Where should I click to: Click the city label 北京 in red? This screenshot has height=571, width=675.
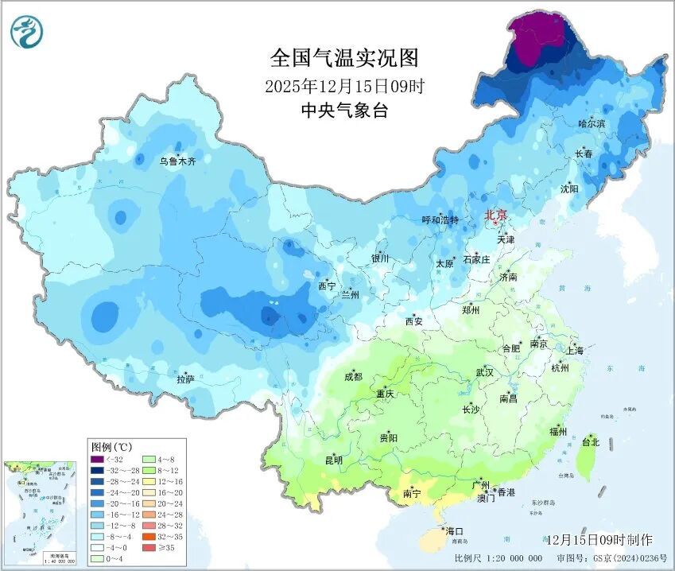pyautogui.click(x=495, y=214)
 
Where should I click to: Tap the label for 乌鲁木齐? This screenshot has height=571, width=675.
pyautogui.click(x=177, y=161)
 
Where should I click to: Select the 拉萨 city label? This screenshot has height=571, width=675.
pyautogui.click(x=185, y=380)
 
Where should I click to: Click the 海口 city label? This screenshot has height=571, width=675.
pyautogui.click(x=455, y=531)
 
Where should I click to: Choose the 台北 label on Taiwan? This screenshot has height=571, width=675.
pyautogui.click(x=591, y=441)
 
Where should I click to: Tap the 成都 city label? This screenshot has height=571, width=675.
pyautogui.click(x=354, y=377)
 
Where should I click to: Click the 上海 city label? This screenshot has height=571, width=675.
pyautogui.click(x=574, y=351)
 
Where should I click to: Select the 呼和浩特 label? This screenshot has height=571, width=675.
pyautogui.click(x=440, y=220)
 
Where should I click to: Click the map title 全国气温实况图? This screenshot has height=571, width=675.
pyautogui.click(x=343, y=58)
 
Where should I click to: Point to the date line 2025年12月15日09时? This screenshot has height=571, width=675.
pyautogui.click(x=343, y=86)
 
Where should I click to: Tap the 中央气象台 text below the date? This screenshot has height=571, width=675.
pyautogui.click(x=343, y=111)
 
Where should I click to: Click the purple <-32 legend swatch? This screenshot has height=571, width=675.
pyautogui.click(x=97, y=460)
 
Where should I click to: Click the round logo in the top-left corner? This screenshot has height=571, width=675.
pyautogui.click(x=26, y=31)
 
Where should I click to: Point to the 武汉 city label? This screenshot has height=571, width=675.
pyautogui.click(x=484, y=372)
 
